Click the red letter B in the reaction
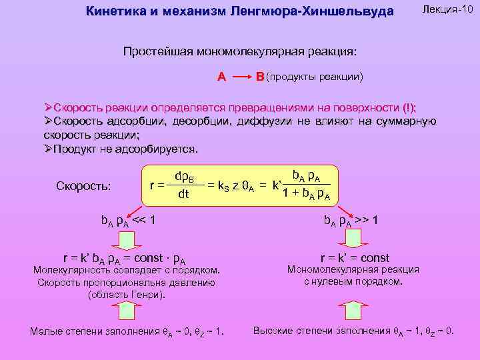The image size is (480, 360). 259,77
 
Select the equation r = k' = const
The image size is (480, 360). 355,257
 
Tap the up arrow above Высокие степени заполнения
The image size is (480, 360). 353,310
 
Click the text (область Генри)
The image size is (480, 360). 126,294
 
